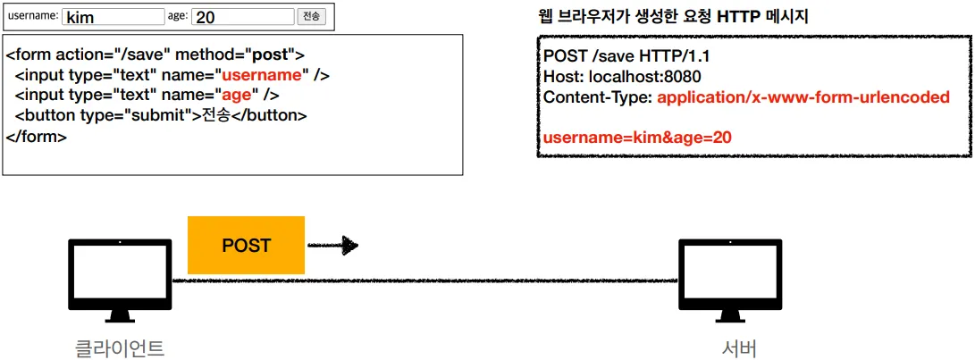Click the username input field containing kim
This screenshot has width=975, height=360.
(x=113, y=17)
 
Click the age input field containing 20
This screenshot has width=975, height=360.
(x=242, y=17)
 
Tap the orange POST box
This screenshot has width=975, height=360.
(x=246, y=245)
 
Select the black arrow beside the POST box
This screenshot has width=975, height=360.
(x=333, y=245)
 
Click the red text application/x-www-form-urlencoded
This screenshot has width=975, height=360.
(x=803, y=97)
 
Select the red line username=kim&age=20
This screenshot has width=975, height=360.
(x=637, y=137)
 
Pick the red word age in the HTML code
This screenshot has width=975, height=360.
(x=236, y=95)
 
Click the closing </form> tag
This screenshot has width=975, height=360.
(x=37, y=137)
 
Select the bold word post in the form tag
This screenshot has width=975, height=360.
(x=272, y=54)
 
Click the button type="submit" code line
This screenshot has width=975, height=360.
(x=161, y=115)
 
